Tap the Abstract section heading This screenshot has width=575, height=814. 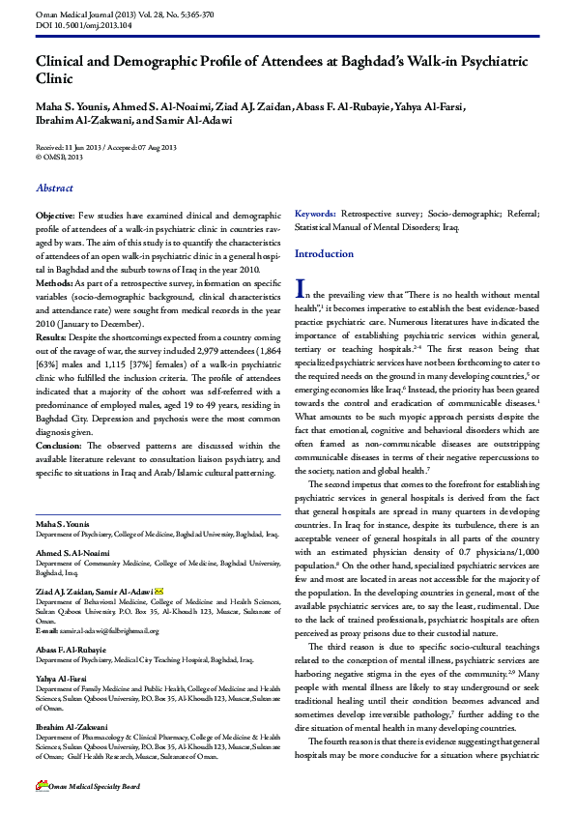53,189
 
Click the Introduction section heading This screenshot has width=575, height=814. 324,254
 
